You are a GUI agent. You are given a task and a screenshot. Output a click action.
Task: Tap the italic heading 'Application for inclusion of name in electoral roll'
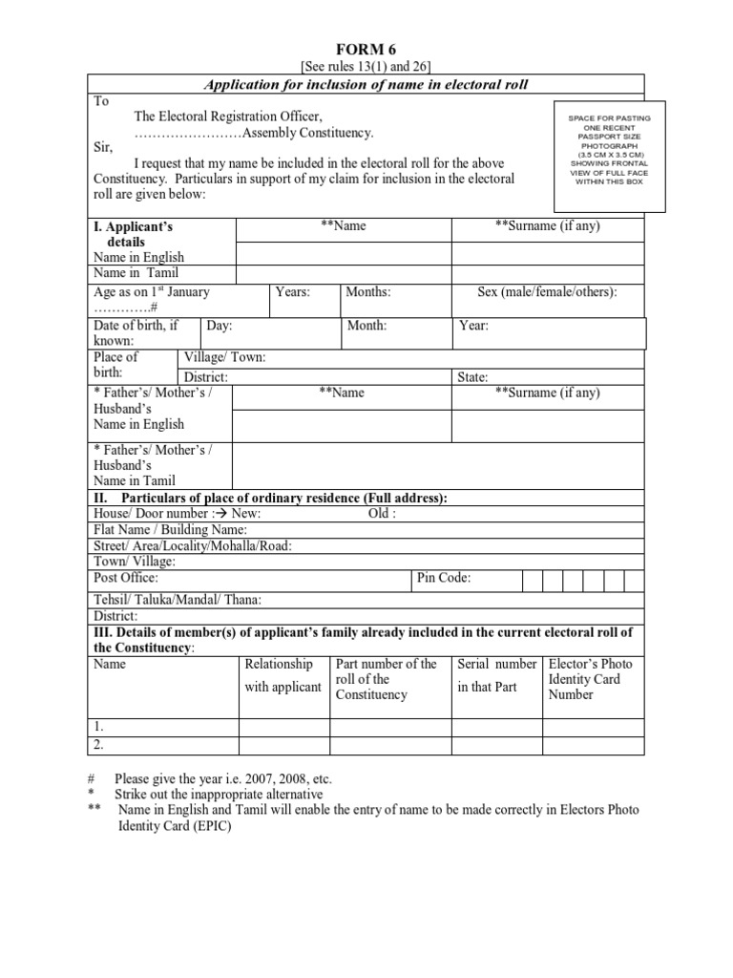(x=366, y=85)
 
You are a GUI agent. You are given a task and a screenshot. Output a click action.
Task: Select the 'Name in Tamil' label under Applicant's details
(x=137, y=273)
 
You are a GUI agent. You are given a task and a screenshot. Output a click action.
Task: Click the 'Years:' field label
(x=292, y=292)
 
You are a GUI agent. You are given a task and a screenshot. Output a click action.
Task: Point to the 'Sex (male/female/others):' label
(x=547, y=292)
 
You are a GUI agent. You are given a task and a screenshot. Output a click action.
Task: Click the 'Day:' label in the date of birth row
(x=220, y=326)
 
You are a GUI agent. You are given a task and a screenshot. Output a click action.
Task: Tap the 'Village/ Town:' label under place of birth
(x=224, y=357)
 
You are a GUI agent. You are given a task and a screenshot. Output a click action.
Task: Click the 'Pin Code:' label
(x=444, y=578)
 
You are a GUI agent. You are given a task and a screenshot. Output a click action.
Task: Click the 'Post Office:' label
(x=126, y=578)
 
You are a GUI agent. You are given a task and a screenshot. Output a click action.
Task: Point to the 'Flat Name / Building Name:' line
(x=170, y=529)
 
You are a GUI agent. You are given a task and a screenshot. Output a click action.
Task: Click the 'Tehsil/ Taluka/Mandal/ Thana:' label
(x=177, y=600)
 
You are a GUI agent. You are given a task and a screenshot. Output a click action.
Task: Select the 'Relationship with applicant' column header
(x=283, y=675)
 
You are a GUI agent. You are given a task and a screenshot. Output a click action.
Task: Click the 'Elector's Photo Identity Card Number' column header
(x=590, y=679)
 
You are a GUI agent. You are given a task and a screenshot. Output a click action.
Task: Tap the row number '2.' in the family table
(x=99, y=744)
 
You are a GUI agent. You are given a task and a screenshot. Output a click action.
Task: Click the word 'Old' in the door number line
(x=380, y=513)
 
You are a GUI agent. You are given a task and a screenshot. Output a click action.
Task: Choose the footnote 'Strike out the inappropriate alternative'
(x=219, y=794)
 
